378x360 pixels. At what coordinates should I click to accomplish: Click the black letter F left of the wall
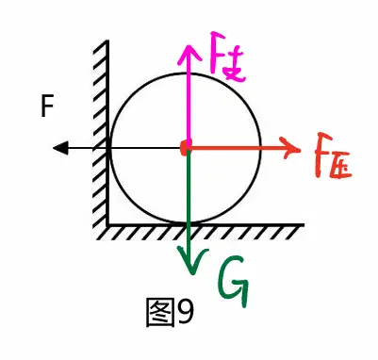coord(47,108)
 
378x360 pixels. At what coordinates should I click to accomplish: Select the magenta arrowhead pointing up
coord(189,48)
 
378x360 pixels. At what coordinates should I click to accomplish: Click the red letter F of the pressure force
coord(320,160)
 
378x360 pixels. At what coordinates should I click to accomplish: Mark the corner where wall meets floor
coord(107,224)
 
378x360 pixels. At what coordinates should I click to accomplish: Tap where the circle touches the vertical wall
coord(109,147)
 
